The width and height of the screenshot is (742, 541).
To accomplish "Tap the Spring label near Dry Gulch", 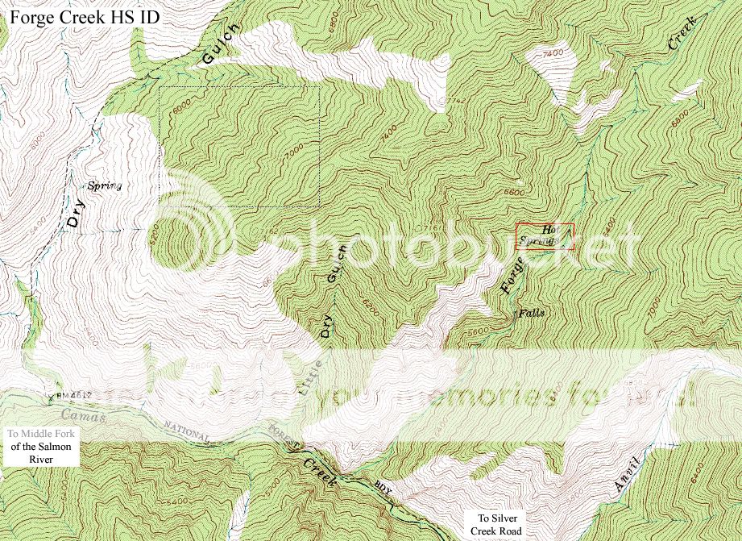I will click(104, 185).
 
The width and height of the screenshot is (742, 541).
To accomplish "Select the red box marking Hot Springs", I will click(545, 235).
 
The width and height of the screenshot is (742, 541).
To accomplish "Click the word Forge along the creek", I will click(512, 273).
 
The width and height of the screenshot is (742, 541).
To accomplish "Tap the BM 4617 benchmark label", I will click(73, 395).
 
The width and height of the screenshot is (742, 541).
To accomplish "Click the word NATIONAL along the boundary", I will click(187, 431).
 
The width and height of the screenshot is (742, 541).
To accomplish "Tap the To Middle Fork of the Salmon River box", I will click(40, 446).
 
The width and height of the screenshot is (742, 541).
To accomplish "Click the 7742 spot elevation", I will click(456, 101).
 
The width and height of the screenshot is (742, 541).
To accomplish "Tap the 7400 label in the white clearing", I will click(553, 53).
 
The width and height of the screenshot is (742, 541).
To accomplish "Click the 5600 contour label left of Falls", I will click(479, 330).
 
